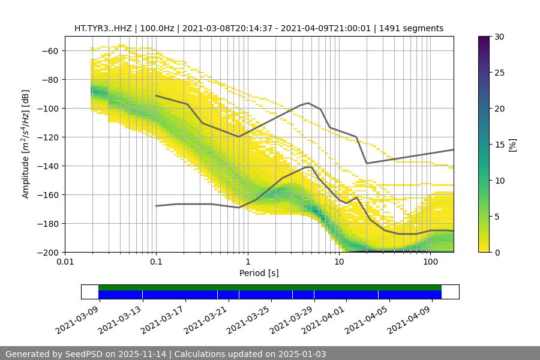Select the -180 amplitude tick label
coord(50,224)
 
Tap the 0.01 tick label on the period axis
coord(65,262)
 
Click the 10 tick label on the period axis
coord(339,262)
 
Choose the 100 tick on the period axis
coord(430,262)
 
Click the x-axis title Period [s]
coord(259,274)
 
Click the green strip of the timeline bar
coord(270,287)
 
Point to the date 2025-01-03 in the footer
coord(304,354)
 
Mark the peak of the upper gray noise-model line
coord(308,103)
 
